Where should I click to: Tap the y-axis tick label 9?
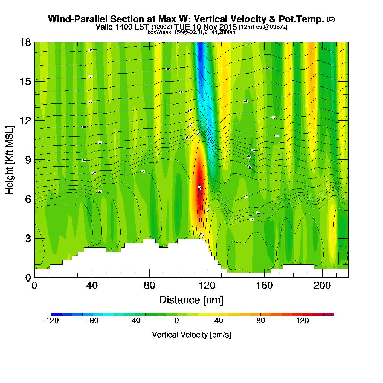[x=28, y=160]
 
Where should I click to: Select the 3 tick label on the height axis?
[x=28, y=239]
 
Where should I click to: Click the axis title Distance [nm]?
[x=191, y=300]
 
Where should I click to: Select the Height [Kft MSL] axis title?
[x=10, y=160]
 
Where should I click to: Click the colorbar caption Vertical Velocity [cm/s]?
[x=191, y=335]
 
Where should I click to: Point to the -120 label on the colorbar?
[x=51, y=321]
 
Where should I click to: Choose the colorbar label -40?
[x=135, y=321]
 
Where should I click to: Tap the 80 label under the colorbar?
[x=260, y=321]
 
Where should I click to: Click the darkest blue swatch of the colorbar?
[x=56, y=314]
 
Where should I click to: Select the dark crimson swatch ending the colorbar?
[x=329, y=314]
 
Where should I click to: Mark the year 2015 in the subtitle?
[x=228, y=27]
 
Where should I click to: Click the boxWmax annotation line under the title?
[x=191, y=32]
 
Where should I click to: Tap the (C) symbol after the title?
[x=331, y=19]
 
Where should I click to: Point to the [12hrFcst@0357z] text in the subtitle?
[x=263, y=27]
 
